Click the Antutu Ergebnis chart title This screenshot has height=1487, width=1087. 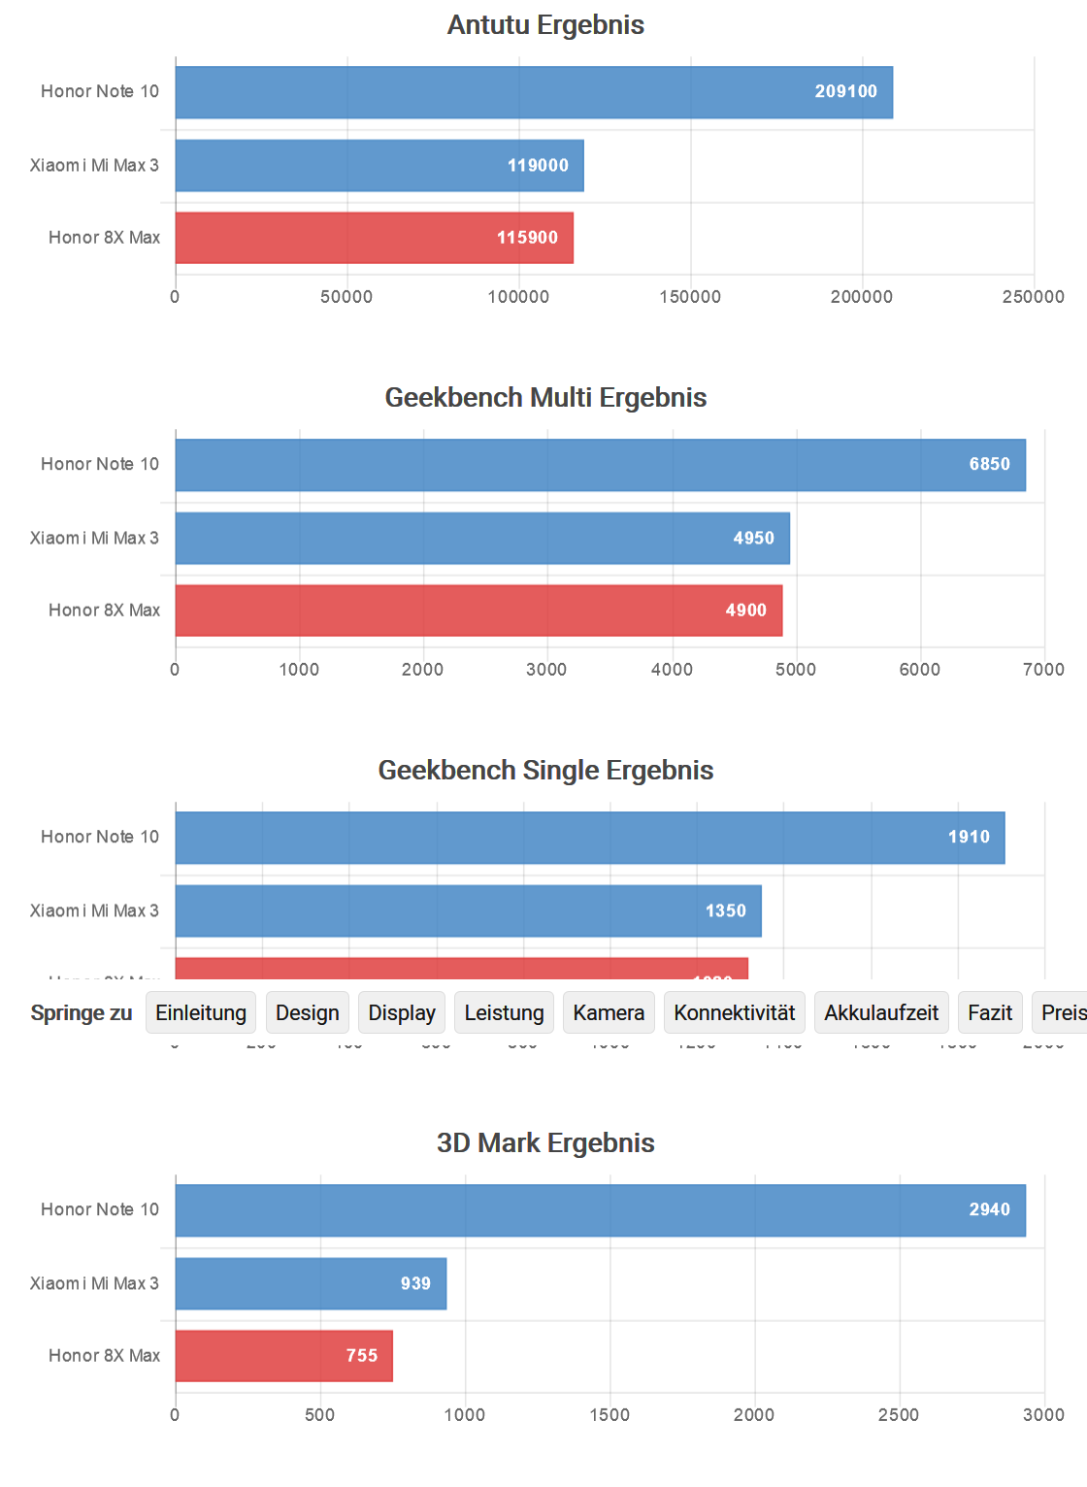(545, 25)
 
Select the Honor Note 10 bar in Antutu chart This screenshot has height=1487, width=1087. (534, 92)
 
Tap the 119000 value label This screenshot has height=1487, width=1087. (538, 166)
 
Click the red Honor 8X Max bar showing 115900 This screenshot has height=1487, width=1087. (374, 238)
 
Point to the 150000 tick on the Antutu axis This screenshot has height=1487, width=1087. (690, 297)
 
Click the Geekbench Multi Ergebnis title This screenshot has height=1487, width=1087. (545, 398)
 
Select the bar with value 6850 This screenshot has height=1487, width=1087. (600, 465)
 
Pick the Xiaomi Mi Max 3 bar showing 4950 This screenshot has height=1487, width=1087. (482, 539)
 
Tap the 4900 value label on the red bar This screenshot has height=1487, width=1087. (745, 611)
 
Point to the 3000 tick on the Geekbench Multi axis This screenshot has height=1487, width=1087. (546, 670)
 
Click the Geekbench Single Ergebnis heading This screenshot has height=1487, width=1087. (545, 771)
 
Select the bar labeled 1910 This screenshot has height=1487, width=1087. (590, 838)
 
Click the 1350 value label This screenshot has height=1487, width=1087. (725, 911)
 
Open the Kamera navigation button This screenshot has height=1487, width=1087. (609, 1013)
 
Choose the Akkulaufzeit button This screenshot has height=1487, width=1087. (881, 1013)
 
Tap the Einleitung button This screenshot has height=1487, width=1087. (201, 1013)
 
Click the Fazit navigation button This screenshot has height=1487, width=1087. (990, 1013)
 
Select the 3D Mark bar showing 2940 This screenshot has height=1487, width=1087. (600, 1210)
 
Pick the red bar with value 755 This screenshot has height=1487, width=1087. (283, 1356)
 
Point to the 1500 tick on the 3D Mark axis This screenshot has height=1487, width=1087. (609, 1415)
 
